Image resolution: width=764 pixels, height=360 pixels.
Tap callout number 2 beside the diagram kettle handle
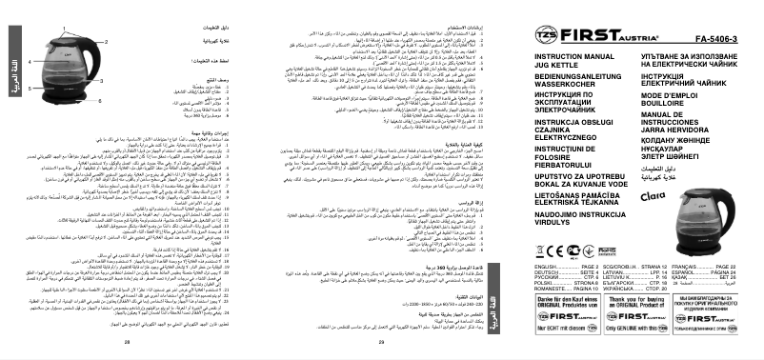106,42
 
